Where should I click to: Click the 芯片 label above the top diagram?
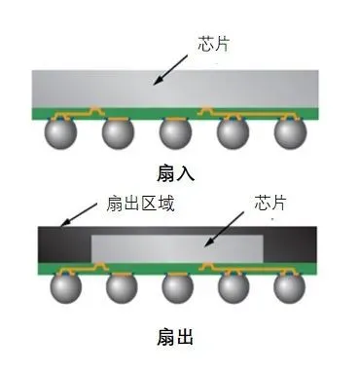[213, 44]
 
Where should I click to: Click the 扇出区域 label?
[137, 205]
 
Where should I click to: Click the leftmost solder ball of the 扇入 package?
[64, 133]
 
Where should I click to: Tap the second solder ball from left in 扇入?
[119, 133]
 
